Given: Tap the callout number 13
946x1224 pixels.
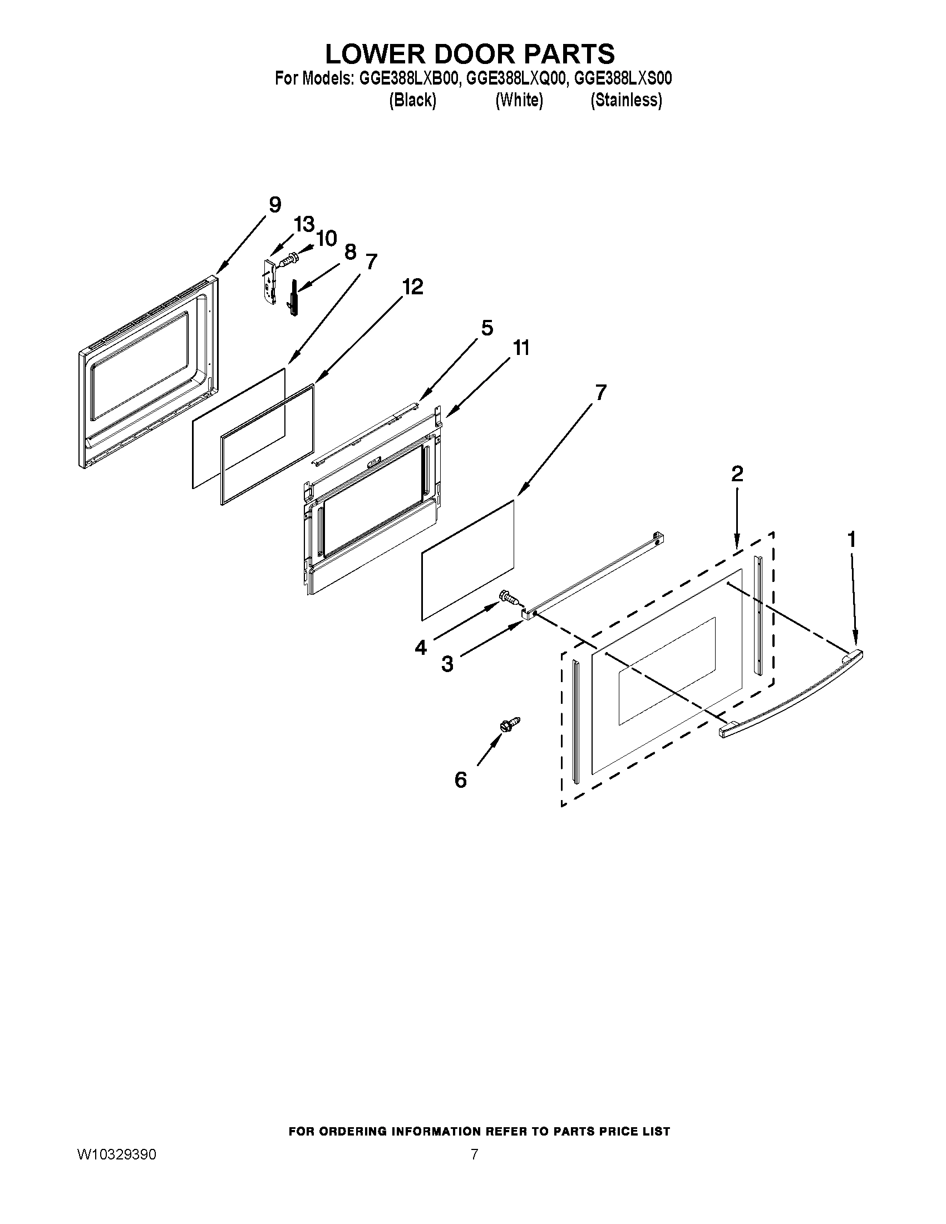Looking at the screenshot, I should point(304,225).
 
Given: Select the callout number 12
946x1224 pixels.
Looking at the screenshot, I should point(412,287).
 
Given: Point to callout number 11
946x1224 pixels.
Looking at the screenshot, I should point(521,348).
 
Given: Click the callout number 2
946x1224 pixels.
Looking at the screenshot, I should point(737,474).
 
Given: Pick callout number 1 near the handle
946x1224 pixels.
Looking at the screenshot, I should point(851,540).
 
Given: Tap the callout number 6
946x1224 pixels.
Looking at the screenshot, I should point(460,779).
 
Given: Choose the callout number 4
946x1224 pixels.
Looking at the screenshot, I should point(420,648).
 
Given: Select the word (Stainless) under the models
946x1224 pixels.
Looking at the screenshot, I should point(626,100).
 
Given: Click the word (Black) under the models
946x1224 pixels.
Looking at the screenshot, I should point(412,100).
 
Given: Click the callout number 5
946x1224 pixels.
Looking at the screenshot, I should point(487,328).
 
